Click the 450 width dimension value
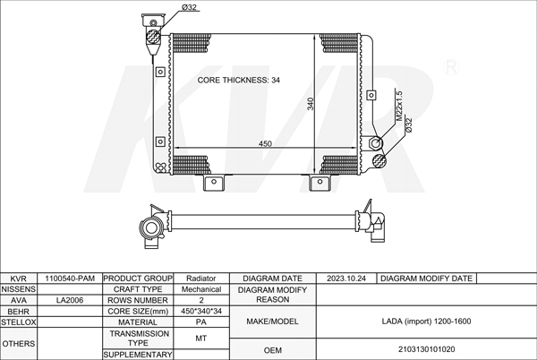[265, 143]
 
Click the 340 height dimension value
[311, 104]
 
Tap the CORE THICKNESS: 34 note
[239, 81]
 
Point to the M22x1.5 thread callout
[399, 106]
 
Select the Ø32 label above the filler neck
[189, 7]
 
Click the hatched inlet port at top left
[153, 37]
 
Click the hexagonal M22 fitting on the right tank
[376, 142]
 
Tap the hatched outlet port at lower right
[379, 160]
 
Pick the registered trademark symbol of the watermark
[451, 67]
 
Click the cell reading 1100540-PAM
[70, 279]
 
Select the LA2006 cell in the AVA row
[70, 300]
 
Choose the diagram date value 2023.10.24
[346, 279]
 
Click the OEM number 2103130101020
[426, 349]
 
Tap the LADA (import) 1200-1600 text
[426, 321]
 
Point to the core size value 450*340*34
[201, 312]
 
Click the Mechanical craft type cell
[201, 289]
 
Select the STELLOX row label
[18, 322]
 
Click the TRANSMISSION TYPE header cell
[139, 339]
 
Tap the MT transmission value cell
[201, 339]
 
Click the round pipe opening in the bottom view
[150, 227]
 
